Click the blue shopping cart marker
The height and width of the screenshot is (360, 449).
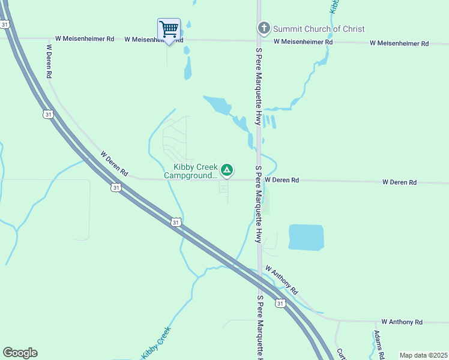[169, 29]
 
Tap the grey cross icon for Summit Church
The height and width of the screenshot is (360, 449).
[264, 28]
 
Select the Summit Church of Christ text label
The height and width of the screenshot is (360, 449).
[319, 29]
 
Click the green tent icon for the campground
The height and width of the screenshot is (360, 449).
[227, 171]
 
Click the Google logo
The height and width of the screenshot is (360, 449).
[20, 353]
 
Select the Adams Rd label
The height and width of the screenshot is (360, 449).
[379, 344]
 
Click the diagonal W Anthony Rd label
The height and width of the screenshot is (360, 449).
[281, 279]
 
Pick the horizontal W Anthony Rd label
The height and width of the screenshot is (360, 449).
[402, 322]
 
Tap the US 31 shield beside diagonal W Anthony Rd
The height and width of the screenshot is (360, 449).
[280, 304]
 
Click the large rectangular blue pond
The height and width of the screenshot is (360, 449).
[306, 237]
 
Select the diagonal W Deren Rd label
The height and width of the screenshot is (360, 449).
[114, 163]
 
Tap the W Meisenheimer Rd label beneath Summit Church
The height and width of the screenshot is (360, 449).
[303, 42]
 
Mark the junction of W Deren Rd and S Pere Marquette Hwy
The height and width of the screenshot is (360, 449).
[259, 179]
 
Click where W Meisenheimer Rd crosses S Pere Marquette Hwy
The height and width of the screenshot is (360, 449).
[259, 41]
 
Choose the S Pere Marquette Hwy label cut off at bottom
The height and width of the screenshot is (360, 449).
[261, 328]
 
